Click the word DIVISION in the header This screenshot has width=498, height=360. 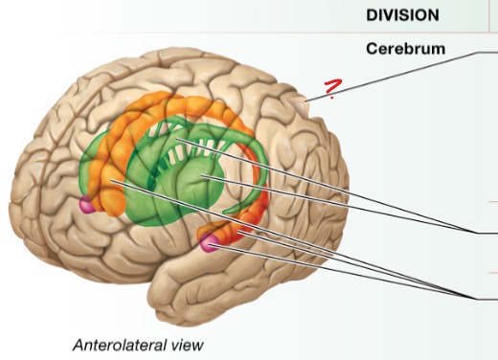(x=402, y=15)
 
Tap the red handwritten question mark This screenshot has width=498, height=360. (x=331, y=90)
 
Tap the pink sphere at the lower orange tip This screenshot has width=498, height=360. (x=208, y=244)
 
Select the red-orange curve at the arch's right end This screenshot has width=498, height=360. (x=251, y=231)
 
